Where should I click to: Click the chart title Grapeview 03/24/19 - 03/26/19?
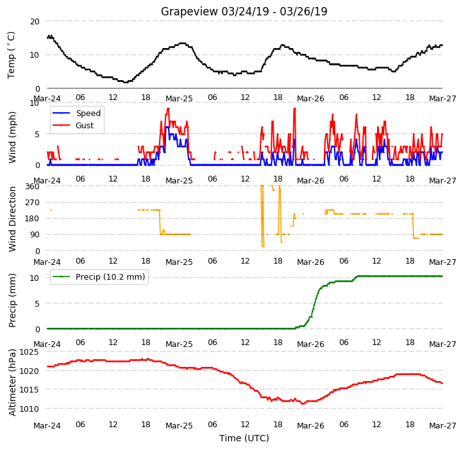pyautogui.click(x=244, y=12)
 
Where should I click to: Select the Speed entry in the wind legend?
pyautogui.click(x=88, y=113)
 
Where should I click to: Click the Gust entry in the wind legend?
pyautogui.click(x=85, y=125)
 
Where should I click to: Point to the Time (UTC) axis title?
pyautogui.click(x=244, y=437)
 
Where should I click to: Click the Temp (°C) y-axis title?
pyautogui.click(x=11, y=55)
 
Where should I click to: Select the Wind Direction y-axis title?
pyautogui.click(x=12, y=219)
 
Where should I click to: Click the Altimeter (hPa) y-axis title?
pyautogui.click(x=12, y=382)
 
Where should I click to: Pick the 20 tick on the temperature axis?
pyautogui.click(x=35, y=22)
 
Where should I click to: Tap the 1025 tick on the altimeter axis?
pyautogui.click(x=29, y=352)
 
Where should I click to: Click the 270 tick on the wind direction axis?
pyautogui.click(x=32, y=203)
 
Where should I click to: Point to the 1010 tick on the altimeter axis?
pyautogui.click(x=29, y=409)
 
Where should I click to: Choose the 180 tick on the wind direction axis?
pyautogui.click(x=32, y=219)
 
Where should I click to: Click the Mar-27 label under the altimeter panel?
pyautogui.click(x=442, y=426)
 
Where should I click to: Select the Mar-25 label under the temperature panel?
pyautogui.click(x=179, y=99)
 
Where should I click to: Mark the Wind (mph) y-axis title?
pyautogui.click(x=12, y=137)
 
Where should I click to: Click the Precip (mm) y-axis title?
pyautogui.click(x=12, y=300)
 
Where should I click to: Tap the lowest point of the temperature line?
pyautogui.click(x=125, y=82)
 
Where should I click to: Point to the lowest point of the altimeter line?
pyautogui.click(x=303, y=403)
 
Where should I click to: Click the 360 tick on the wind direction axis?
pyautogui.click(x=32, y=187)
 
